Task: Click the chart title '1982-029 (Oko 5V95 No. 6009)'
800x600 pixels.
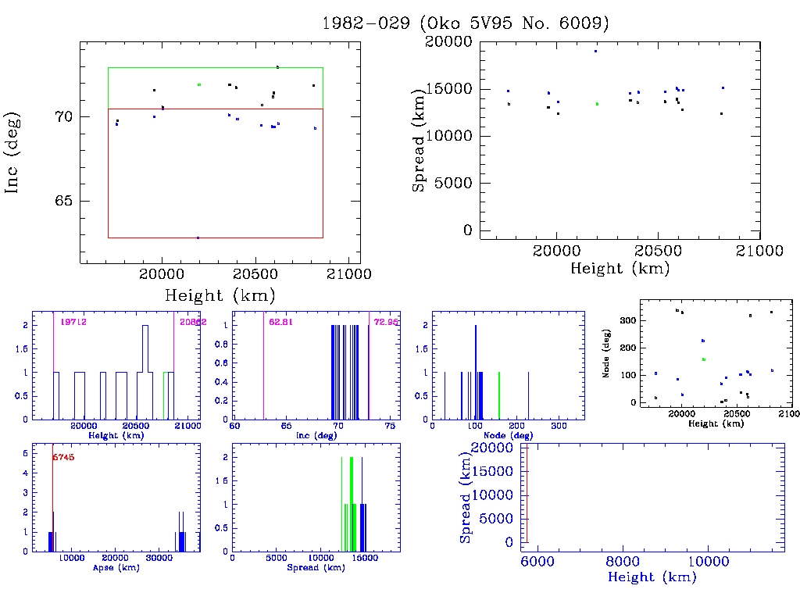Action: [466, 23]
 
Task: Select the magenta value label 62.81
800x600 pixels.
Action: [279, 321]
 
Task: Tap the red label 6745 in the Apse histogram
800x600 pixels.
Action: [63, 457]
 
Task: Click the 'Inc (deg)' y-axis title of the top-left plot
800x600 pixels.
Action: [13, 152]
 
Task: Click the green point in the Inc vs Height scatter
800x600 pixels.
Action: [199, 84]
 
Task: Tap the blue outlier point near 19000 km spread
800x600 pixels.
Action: [595, 51]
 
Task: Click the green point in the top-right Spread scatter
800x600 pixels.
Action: [597, 103]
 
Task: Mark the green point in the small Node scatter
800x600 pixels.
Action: [704, 359]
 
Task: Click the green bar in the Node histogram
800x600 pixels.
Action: [499, 395]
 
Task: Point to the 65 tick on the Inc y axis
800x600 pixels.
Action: [62, 201]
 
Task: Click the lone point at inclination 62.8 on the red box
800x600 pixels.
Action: [198, 237]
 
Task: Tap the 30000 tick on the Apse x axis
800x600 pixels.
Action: [160, 558]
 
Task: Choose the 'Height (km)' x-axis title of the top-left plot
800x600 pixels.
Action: [220, 295]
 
